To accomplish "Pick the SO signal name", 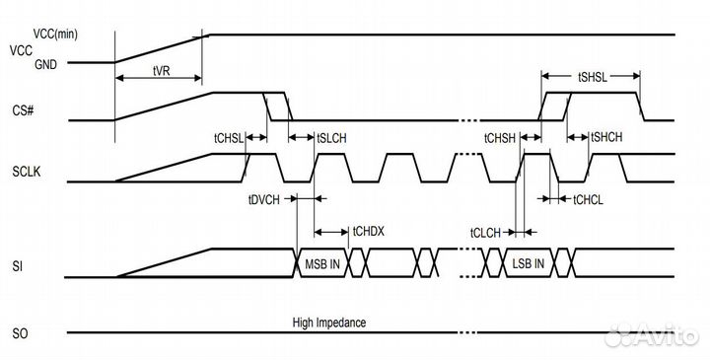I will [x=19, y=331].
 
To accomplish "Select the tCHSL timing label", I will [x=228, y=138].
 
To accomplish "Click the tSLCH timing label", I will [x=331, y=138].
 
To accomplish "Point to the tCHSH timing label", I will [x=499, y=138].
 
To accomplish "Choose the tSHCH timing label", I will [x=605, y=138].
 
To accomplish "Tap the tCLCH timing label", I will [x=487, y=233].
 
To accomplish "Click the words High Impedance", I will [x=330, y=323].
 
